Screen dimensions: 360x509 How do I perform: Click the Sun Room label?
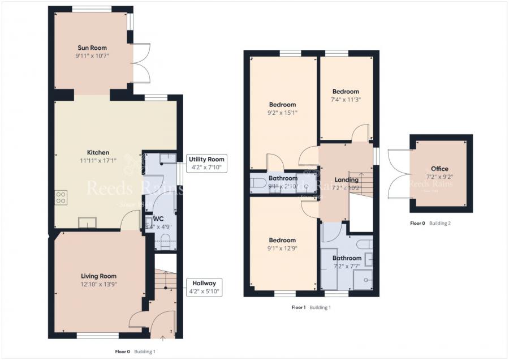coord(92,48)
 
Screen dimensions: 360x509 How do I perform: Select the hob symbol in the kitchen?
coord(61,198)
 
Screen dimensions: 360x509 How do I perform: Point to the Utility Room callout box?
coord(207,163)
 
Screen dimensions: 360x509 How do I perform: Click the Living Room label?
coord(98,276)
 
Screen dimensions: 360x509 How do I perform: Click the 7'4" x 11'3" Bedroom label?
coord(346,92)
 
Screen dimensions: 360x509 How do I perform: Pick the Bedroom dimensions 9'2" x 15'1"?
coord(282,113)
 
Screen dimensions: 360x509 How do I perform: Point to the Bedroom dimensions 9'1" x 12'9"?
coord(282,248)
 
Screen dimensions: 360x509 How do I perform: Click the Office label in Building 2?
coord(439,169)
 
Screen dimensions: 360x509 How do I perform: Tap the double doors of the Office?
coord(398,172)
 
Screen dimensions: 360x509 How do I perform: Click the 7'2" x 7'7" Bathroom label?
coord(347,258)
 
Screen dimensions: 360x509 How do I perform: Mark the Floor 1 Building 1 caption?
coord(311,307)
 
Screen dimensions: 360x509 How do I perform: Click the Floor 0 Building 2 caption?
coord(430,223)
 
